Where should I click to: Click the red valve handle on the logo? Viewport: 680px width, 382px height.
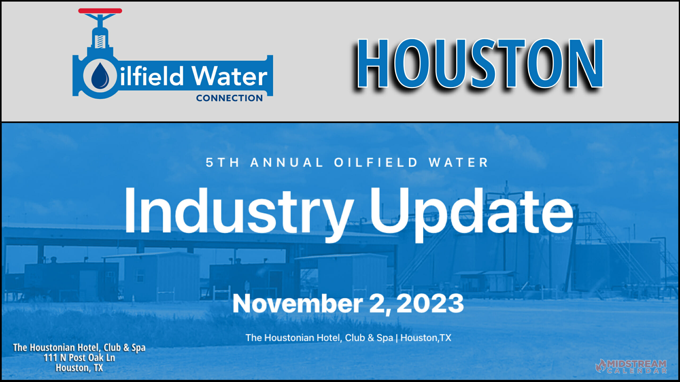pyautogui.click(x=100, y=11)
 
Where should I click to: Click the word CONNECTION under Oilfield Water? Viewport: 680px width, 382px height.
pyautogui.click(x=229, y=98)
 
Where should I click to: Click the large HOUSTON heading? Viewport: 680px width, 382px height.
pyautogui.click(x=480, y=64)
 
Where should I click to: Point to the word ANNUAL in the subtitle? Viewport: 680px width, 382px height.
pyautogui.click(x=286, y=163)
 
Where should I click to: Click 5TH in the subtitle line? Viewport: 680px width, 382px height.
pyautogui.click(x=223, y=163)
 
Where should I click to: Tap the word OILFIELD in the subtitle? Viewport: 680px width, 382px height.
pyautogui.click(x=376, y=163)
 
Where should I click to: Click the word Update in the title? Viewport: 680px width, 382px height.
pyautogui.click(x=471, y=212)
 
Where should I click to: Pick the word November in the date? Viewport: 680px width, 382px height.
pyautogui.click(x=297, y=304)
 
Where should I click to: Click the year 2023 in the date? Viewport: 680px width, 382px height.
pyautogui.click(x=430, y=303)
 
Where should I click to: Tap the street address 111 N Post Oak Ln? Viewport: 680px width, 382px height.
pyautogui.click(x=79, y=358)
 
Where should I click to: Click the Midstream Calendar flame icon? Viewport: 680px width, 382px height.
pyautogui.click(x=601, y=366)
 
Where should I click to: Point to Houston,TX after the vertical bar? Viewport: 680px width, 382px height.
pyautogui.click(x=426, y=338)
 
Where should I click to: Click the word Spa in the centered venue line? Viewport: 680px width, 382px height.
pyautogui.click(x=385, y=338)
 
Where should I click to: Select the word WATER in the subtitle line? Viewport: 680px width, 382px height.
pyautogui.click(x=458, y=163)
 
